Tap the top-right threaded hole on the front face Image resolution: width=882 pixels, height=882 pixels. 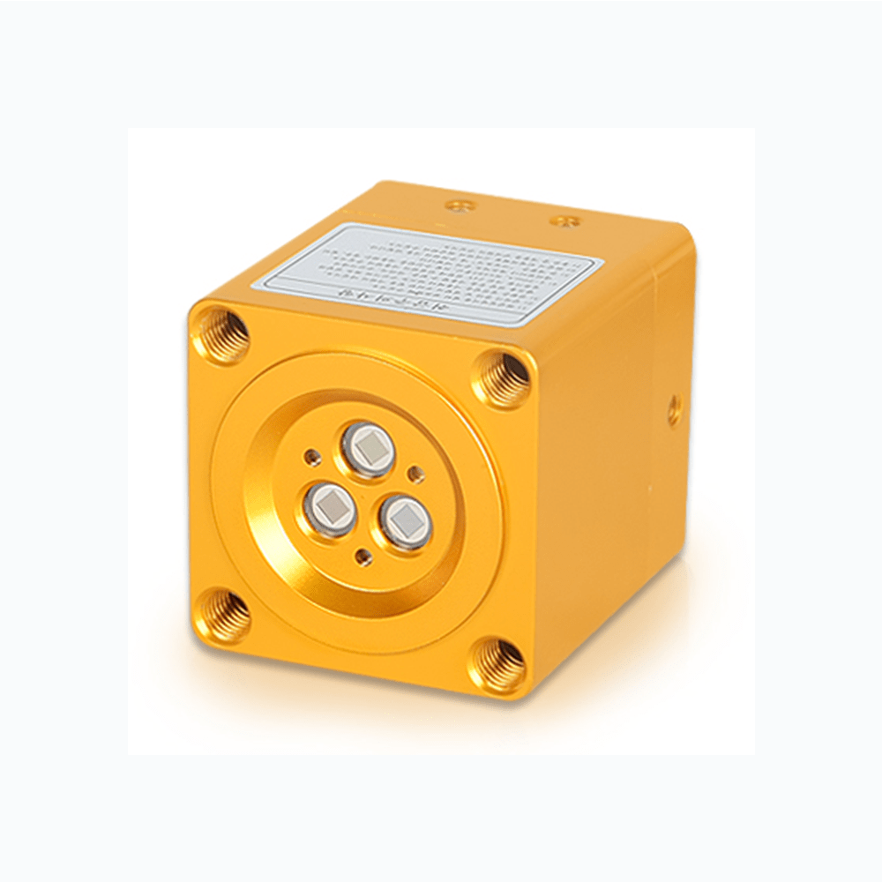(x=504, y=378)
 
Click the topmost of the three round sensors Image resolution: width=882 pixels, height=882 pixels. (x=364, y=447)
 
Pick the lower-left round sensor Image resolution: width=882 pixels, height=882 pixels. (x=332, y=509)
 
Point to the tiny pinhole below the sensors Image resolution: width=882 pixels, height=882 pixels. (x=361, y=556)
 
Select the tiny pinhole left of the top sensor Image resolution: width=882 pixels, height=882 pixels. (x=310, y=457)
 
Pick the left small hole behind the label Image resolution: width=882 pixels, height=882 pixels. (x=457, y=206)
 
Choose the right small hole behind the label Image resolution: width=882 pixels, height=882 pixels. (x=562, y=218)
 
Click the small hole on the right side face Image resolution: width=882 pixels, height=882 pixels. (x=674, y=409)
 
